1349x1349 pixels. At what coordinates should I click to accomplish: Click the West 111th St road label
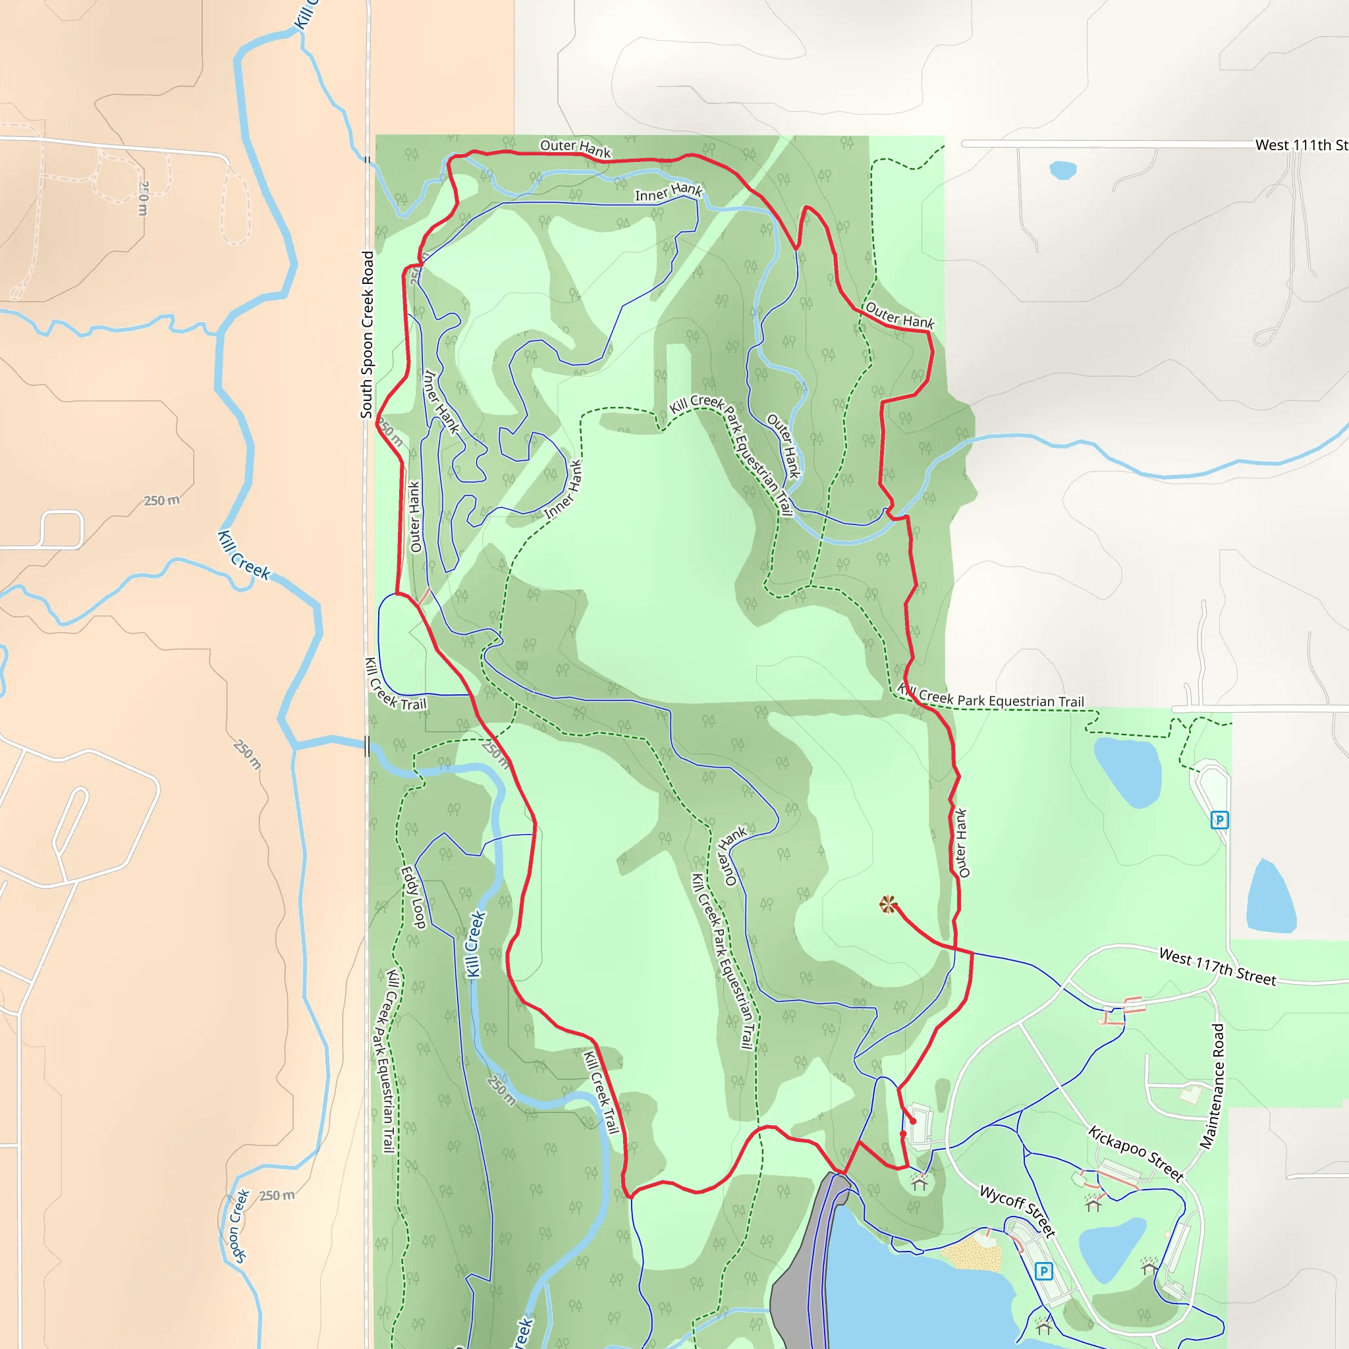[x=1301, y=145]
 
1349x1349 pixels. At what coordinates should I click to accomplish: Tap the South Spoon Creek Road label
[x=367, y=335]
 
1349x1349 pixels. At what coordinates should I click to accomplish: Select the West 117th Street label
[x=1217, y=967]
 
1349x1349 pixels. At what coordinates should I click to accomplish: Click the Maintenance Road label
[x=1212, y=1086]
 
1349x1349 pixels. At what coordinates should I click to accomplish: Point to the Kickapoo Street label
[x=1136, y=1153]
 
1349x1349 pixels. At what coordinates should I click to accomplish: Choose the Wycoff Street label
[x=1017, y=1210]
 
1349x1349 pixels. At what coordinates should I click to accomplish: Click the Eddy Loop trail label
[x=414, y=897]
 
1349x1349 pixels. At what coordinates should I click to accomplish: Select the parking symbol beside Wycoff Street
[x=1043, y=1271]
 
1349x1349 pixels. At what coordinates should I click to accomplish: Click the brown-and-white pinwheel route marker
[x=887, y=905]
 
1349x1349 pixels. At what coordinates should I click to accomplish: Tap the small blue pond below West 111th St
[x=1062, y=170]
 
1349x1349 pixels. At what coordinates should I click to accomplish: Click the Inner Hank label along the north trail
[x=668, y=192]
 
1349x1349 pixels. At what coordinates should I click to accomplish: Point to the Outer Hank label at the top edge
[x=575, y=148]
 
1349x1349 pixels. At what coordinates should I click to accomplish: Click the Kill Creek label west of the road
[x=244, y=556]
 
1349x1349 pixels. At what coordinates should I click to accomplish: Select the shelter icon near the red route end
[x=920, y=1183]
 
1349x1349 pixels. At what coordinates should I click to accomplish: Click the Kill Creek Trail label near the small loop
[x=395, y=685]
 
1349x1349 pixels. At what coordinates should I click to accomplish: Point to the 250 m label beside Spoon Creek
[x=277, y=1196]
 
